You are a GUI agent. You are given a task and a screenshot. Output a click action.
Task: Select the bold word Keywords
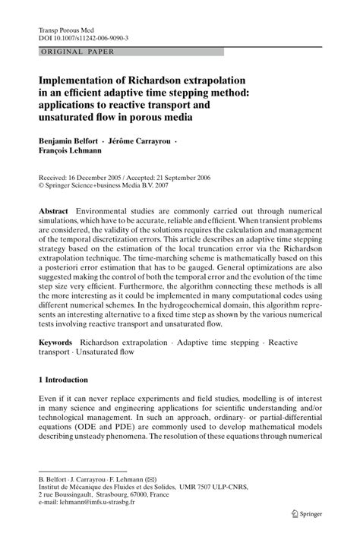pos(58,343)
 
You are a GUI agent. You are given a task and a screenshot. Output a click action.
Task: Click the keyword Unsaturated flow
pos(106,353)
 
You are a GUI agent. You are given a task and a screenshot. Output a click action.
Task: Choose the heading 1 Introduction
pos(63,379)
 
